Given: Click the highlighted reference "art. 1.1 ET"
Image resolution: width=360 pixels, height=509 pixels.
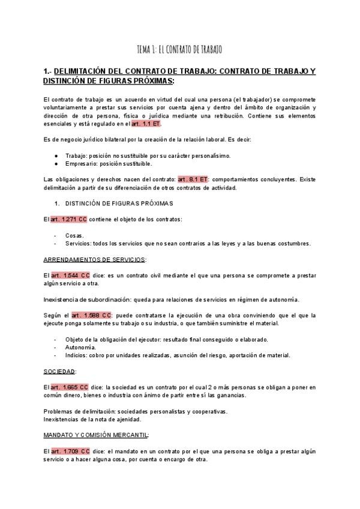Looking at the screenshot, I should tap(146, 123).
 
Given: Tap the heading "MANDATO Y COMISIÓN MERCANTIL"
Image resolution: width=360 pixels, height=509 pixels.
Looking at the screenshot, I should tap(96, 435).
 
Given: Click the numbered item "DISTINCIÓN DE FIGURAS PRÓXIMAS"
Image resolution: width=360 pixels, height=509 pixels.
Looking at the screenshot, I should tap(118, 203).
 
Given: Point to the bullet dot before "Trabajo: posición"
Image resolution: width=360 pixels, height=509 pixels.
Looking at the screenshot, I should tap(56, 155).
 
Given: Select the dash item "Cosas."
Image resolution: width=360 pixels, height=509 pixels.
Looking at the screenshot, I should tap(74, 235).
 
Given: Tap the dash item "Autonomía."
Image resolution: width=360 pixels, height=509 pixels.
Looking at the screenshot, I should tap(80, 347).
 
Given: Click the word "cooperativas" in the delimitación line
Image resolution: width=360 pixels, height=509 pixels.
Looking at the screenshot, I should tap(194, 411).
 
